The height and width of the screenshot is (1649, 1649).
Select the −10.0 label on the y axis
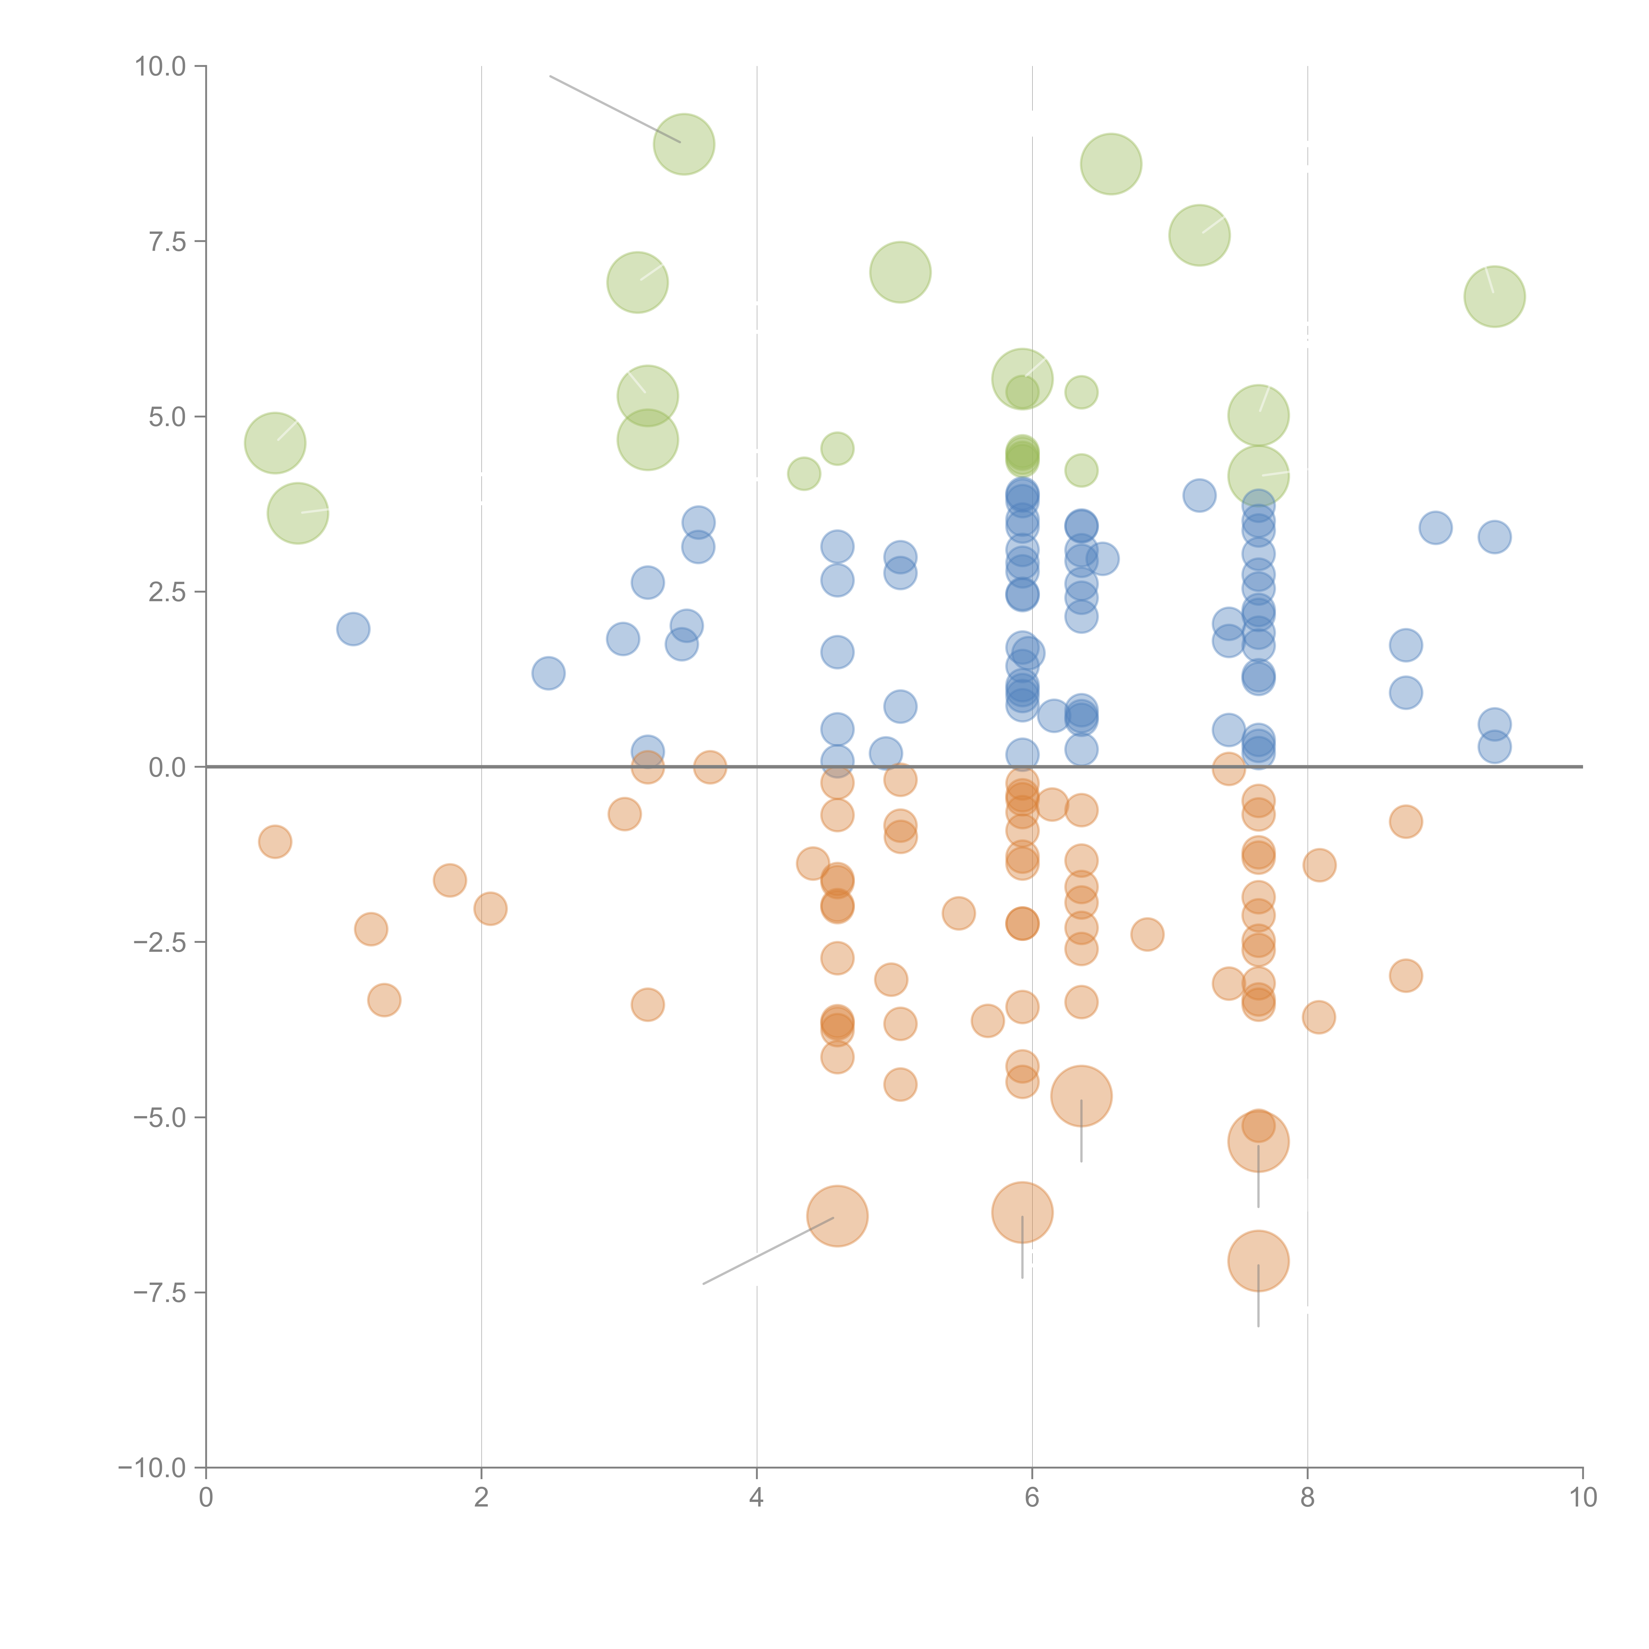[152, 1468]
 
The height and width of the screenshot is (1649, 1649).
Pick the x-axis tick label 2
[482, 1498]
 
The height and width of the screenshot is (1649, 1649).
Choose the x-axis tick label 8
[1308, 1498]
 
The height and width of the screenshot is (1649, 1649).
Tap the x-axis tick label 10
[1582, 1498]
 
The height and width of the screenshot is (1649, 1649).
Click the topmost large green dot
[684, 144]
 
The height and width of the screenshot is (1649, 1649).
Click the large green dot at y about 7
[900, 272]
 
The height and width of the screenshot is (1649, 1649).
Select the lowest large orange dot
[1258, 1260]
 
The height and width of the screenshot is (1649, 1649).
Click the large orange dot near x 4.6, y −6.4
[837, 1216]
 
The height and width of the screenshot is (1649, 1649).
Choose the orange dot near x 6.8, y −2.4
[1147, 935]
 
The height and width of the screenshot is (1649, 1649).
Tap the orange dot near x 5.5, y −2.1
[958, 913]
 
